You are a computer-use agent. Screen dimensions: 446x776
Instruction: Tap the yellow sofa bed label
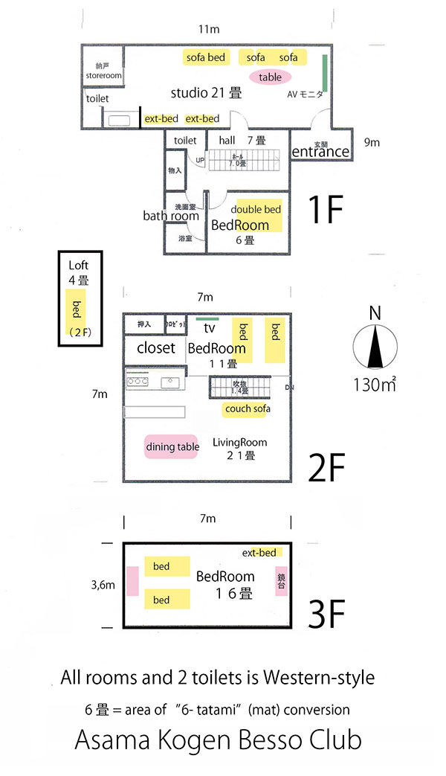(x=206, y=57)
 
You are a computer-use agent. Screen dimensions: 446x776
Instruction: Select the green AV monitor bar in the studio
(x=325, y=74)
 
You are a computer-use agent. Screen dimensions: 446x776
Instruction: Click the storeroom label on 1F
(x=103, y=74)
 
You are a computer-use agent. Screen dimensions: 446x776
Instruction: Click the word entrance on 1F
(x=320, y=152)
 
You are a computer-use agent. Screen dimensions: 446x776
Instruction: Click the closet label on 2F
(x=156, y=347)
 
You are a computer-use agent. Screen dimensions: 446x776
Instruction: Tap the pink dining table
(x=172, y=446)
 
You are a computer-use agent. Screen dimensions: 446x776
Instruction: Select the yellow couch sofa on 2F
(x=247, y=409)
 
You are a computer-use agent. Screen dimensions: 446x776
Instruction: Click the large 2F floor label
(x=326, y=469)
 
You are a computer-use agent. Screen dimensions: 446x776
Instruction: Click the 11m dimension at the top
(x=208, y=29)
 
